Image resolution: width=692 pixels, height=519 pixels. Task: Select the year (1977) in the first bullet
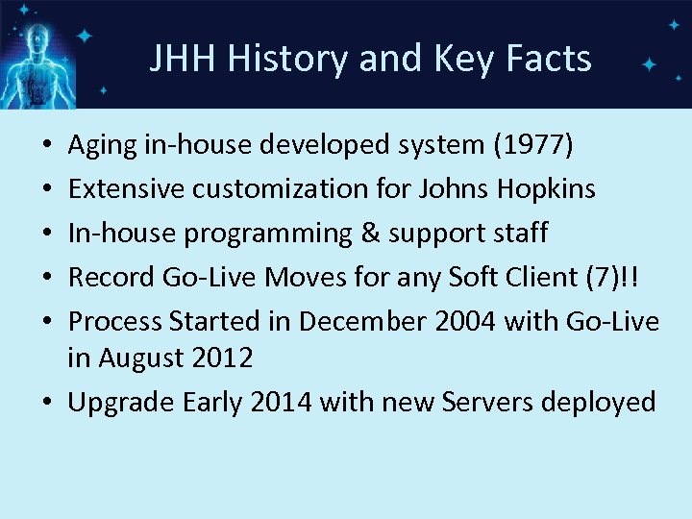point(532,145)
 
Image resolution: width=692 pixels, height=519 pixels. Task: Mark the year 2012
point(223,358)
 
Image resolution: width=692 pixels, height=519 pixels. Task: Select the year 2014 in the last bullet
point(281,402)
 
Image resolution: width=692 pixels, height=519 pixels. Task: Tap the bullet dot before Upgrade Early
point(49,402)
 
